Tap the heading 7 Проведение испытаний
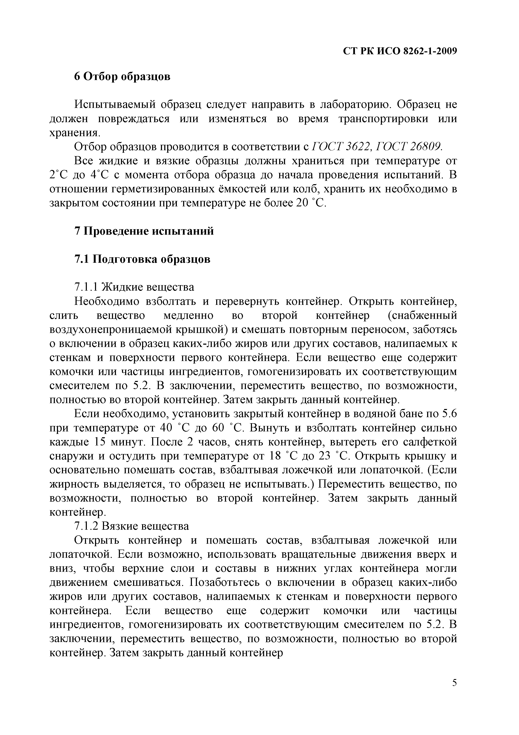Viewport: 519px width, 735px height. tap(144, 231)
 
